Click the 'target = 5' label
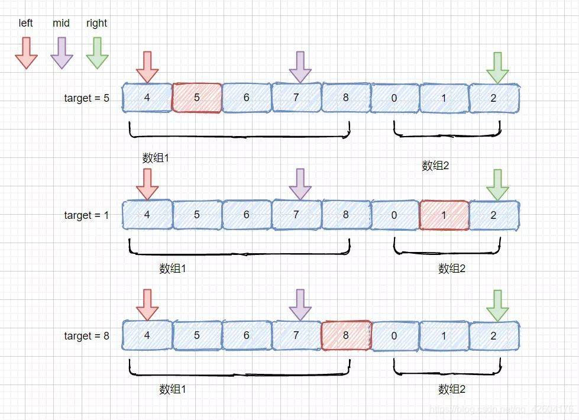[86, 98]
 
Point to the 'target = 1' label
[86, 215]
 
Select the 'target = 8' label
[86, 336]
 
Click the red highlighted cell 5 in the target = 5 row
[197, 98]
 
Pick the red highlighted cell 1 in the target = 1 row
[444, 215]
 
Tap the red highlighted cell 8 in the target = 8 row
[346, 335]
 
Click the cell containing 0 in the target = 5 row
[394, 98]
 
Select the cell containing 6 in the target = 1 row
[247, 215]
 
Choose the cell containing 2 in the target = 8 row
[494, 336]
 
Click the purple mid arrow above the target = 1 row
[300, 183]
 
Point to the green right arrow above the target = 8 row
[497, 305]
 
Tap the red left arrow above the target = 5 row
[147, 66]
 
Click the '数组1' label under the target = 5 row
[156, 158]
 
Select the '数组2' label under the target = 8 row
[452, 389]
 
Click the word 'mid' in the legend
[61, 23]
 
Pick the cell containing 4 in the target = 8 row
[147, 336]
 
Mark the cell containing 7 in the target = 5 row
[296, 98]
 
